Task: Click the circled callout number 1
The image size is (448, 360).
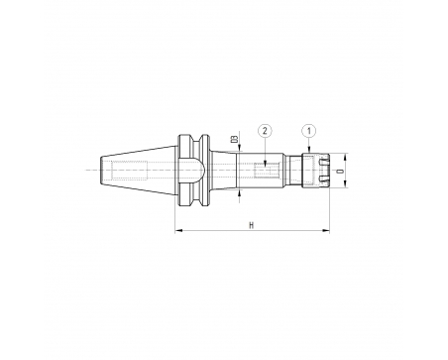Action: pyautogui.click(x=309, y=131)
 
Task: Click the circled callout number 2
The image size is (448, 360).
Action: pyautogui.click(x=265, y=131)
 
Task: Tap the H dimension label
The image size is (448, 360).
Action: pyautogui.click(x=252, y=225)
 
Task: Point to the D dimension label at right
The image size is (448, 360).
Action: pyautogui.click(x=339, y=171)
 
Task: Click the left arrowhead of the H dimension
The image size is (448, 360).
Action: pyautogui.click(x=178, y=230)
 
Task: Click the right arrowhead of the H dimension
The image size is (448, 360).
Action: pyautogui.click(x=326, y=230)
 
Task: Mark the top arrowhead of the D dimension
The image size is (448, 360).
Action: pyautogui.click(x=345, y=157)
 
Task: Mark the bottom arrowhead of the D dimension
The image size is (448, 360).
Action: pyautogui.click(x=345, y=183)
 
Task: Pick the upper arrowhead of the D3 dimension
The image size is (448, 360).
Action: pyautogui.click(x=240, y=148)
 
